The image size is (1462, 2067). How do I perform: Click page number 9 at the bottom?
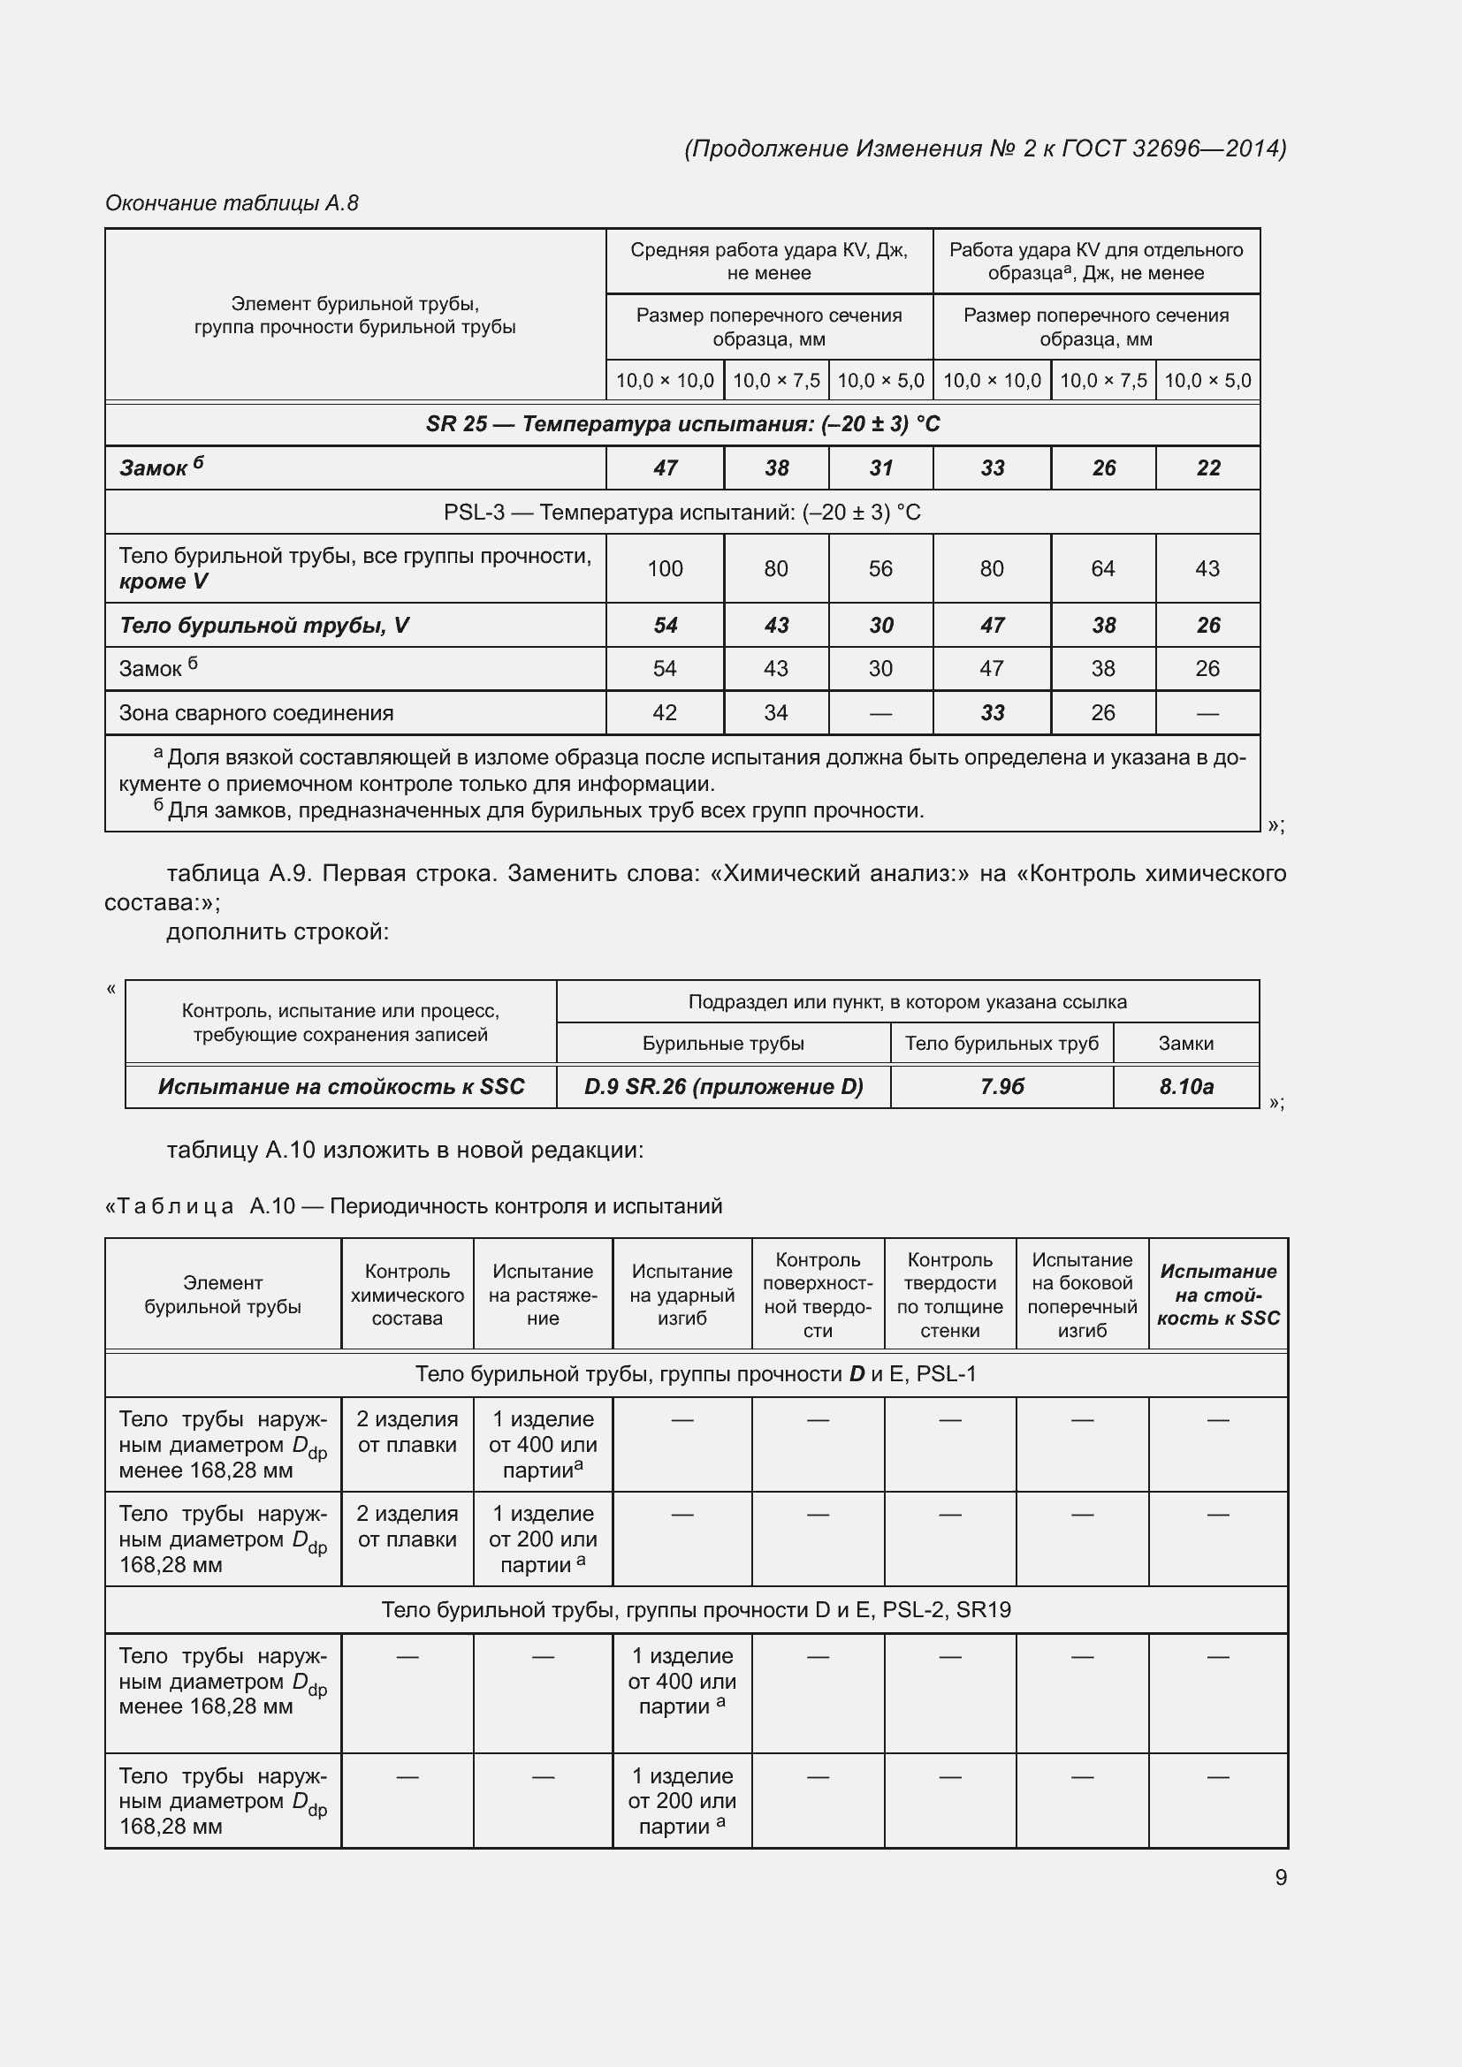[1280, 1877]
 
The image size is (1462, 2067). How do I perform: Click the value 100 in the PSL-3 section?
[665, 568]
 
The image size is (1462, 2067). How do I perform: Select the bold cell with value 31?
[880, 468]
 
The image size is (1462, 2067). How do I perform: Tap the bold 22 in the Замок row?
[1207, 468]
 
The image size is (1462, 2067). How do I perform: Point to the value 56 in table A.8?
[880, 568]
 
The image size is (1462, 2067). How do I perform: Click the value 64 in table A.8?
[1102, 568]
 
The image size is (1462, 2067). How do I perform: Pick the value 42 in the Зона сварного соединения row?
[665, 713]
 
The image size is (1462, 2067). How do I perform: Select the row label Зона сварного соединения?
[256, 713]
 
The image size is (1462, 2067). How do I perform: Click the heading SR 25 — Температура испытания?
[682, 424]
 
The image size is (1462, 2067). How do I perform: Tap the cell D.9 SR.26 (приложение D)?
[723, 1087]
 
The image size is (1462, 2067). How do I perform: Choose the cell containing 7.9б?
[1001, 1087]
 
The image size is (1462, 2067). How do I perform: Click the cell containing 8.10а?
[1185, 1087]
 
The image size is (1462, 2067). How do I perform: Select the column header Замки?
[1185, 1044]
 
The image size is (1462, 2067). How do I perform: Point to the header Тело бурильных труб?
[1001, 1044]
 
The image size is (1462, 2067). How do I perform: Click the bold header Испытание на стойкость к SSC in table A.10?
[1217, 1295]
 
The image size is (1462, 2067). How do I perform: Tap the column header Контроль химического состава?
[407, 1295]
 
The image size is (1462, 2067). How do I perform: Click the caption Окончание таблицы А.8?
[232, 203]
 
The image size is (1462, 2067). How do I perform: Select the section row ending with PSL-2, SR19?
[695, 1609]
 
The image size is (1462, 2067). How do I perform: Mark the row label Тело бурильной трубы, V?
[263, 626]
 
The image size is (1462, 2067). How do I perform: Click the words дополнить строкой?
[278, 931]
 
